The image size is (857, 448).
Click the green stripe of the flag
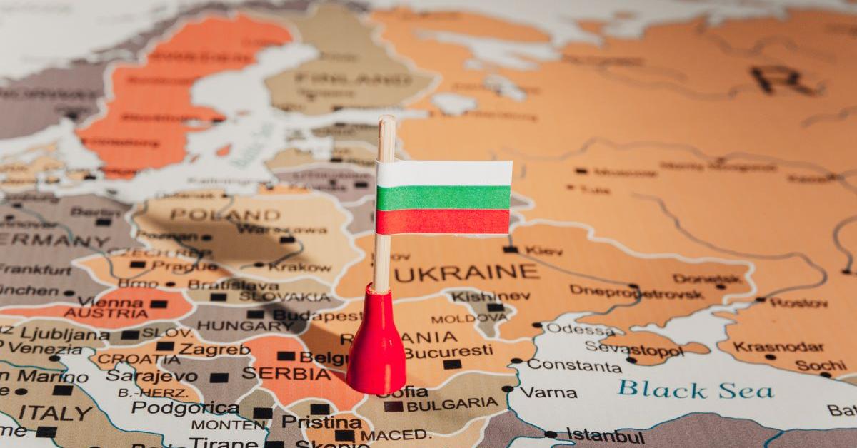tap(443, 198)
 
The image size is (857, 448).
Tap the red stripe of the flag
tap(443, 222)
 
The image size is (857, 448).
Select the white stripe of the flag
tap(443, 173)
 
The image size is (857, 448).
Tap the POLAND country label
tap(225, 215)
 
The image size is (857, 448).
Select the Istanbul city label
tap(605, 435)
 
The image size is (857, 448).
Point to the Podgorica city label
tap(185, 408)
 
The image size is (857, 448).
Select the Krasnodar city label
tap(768, 347)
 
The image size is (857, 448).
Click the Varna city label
tap(548, 392)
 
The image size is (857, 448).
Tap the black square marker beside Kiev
tap(510, 250)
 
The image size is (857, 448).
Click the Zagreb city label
tap(214, 350)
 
